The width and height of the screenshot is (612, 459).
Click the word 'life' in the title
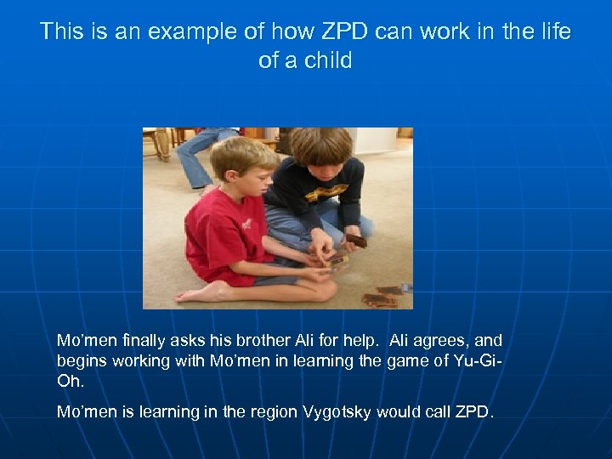coord(553,33)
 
